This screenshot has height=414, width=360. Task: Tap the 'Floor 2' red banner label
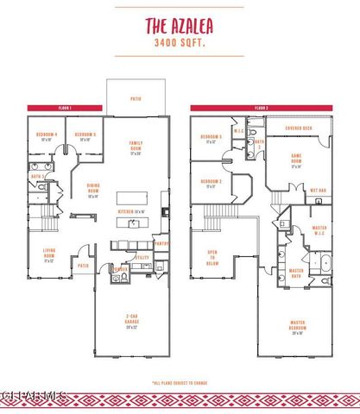pyautogui.click(x=261, y=108)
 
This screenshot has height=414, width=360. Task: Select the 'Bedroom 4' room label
pyautogui.click(x=46, y=136)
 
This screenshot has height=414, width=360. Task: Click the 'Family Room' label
pyautogui.click(x=136, y=147)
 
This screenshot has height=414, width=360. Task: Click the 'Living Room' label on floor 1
pyautogui.click(x=49, y=255)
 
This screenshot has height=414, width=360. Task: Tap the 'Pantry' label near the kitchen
pyautogui.click(x=161, y=244)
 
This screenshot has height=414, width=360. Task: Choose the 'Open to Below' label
pyautogui.click(x=212, y=255)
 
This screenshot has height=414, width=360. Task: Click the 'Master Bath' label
pyautogui.click(x=296, y=273)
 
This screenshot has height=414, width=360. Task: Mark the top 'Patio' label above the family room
pyautogui.click(x=135, y=98)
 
